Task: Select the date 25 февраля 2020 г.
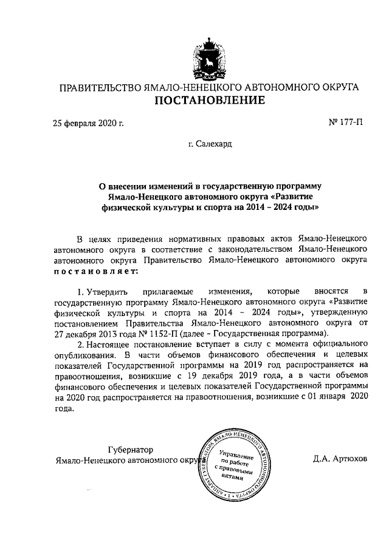click(x=89, y=124)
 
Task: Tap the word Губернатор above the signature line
click(x=130, y=450)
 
